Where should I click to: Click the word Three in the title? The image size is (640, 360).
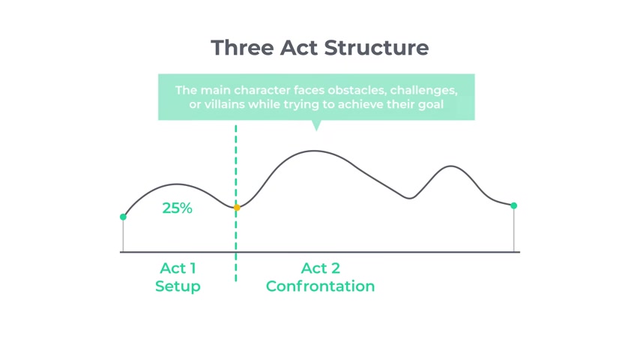click(243, 48)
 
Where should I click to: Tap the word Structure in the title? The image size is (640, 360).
click(376, 48)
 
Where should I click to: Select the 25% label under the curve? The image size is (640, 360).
click(177, 208)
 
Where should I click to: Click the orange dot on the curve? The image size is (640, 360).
click(237, 208)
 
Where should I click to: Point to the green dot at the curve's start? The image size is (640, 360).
click(123, 217)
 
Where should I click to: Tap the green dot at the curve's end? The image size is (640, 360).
click(514, 205)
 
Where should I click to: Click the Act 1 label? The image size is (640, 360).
click(178, 268)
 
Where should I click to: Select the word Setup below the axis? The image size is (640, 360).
click(178, 286)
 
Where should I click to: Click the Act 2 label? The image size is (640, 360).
click(321, 268)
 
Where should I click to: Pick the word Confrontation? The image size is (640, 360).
click(321, 286)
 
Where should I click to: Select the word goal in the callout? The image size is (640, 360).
click(432, 104)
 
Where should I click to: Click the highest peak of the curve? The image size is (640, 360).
click(314, 151)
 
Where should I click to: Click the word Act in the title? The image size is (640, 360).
click(299, 48)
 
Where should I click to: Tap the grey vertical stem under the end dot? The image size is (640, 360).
click(514, 230)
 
